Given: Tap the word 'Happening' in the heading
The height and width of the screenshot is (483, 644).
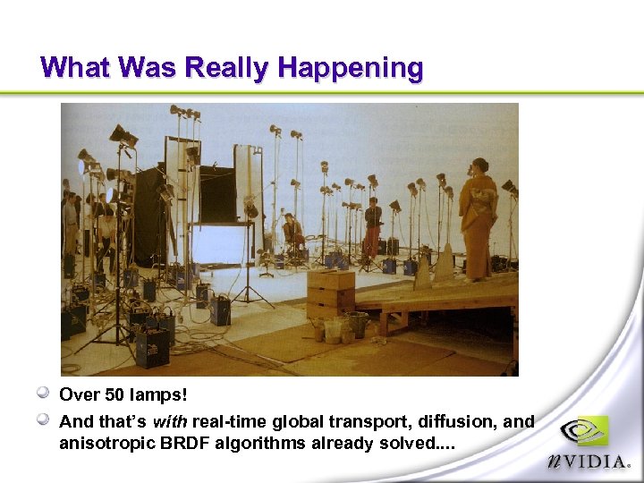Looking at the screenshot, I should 350,68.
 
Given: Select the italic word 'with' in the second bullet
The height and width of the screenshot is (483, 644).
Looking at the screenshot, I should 169,421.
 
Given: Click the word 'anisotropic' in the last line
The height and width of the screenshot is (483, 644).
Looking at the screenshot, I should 100,442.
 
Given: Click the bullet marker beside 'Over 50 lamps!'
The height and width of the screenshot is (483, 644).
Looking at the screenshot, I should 43,393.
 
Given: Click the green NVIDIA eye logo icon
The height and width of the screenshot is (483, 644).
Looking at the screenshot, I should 584,433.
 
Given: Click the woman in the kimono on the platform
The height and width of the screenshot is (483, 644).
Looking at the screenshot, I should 479,219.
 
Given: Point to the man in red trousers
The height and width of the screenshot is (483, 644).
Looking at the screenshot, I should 372,228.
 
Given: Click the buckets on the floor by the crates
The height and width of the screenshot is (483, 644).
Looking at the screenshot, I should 338,327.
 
